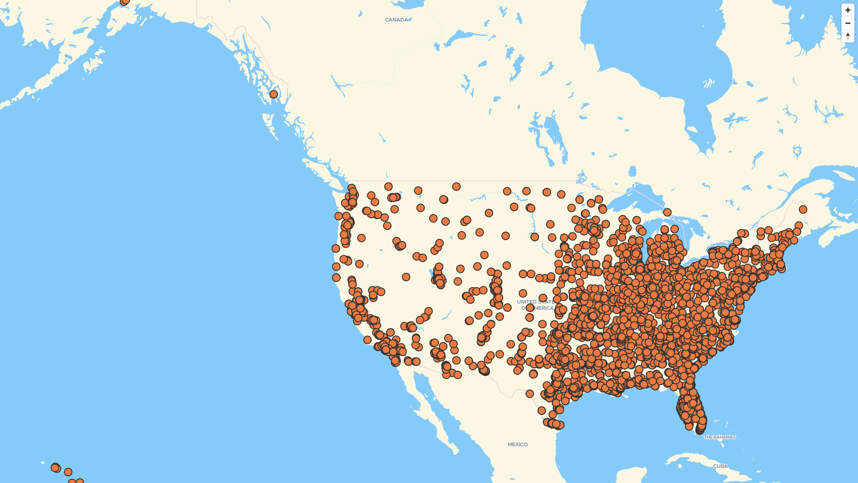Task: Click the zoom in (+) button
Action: tap(848, 10)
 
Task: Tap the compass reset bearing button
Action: tap(848, 36)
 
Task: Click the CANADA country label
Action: tap(396, 20)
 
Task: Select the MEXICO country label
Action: tap(517, 444)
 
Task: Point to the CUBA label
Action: tap(720, 466)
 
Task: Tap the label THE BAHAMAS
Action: tap(719, 437)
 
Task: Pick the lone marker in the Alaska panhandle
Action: tap(273, 94)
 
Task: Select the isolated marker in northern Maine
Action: tap(803, 209)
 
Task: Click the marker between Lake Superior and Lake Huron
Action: tap(667, 212)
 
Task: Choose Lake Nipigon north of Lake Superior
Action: tap(632, 171)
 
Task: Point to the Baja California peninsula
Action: tap(429, 407)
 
